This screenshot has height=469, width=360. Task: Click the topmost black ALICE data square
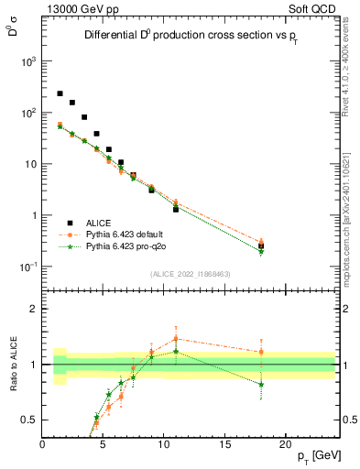tap(60, 93)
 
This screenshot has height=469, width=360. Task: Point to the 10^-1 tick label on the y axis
tap(27, 267)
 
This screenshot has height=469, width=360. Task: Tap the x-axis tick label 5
tap(103, 444)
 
